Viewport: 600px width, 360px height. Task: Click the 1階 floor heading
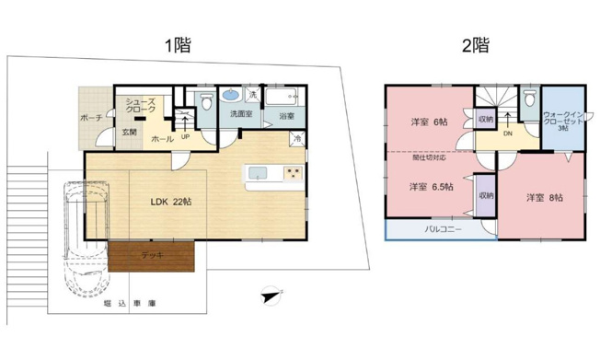pos(179,45)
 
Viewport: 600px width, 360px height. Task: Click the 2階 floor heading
pos(476,45)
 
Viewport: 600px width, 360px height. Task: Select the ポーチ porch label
pos(90,118)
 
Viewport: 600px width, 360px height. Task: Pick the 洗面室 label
pos(240,115)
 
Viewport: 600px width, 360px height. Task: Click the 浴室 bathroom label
pos(286,116)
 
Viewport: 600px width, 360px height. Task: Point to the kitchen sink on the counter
pos(257,172)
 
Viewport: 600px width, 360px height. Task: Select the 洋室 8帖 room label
pos(545,197)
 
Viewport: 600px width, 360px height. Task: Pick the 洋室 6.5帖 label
pos(429,187)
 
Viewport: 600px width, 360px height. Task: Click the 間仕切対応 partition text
pos(430,157)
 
